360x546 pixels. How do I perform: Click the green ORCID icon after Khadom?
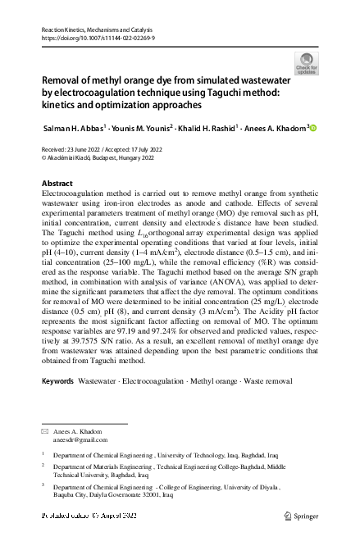pos(312,128)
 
